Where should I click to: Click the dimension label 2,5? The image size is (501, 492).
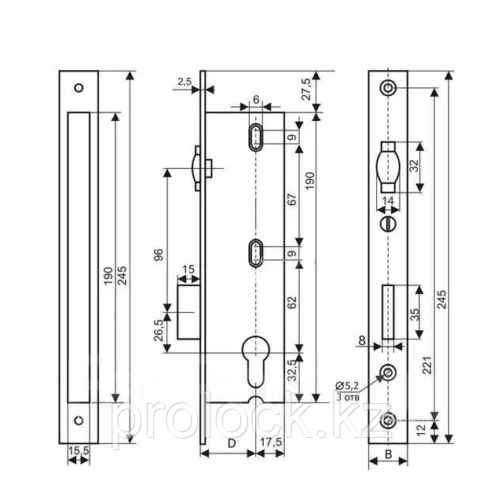pyautogui.click(x=185, y=82)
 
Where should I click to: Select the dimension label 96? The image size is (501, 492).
pyautogui.click(x=159, y=255)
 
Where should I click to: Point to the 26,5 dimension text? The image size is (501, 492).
pyautogui.click(x=159, y=330)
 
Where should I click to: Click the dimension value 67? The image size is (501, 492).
pyautogui.click(x=291, y=200)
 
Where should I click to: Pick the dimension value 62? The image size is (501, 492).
pyautogui.click(x=291, y=303)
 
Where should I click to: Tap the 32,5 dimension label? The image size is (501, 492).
pyautogui.click(x=291, y=370)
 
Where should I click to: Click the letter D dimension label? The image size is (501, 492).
pyautogui.click(x=232, y=443)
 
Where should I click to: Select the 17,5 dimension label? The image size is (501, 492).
pyautogui.click(x=271, y=442)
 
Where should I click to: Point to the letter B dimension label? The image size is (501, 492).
pyautogui.click(x=388, y=454)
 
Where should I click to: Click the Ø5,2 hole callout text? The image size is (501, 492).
pyautogui.click(x=347, y=386)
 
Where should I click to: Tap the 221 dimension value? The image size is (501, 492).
pyautogui.click(x=427, y=365)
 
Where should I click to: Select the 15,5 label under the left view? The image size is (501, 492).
pyautogui.click(x=79, y=450)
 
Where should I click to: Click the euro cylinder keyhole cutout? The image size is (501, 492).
pyautogui.click(x=256, y=361)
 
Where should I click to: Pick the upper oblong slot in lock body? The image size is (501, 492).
pyautogui.click(x=255, y=137)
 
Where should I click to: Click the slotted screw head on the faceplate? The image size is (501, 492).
pyautogui.click(x=388, y=224)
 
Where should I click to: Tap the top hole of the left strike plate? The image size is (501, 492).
pyautogui.click(x=79, y=88)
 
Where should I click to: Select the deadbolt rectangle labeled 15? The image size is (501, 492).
pyautogui.click(x=188, y=312)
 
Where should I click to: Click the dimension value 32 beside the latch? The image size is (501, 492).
pyautogui.click(x=414, y=166)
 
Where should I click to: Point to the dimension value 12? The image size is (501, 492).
pyautogui.click(x=422, y=429)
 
